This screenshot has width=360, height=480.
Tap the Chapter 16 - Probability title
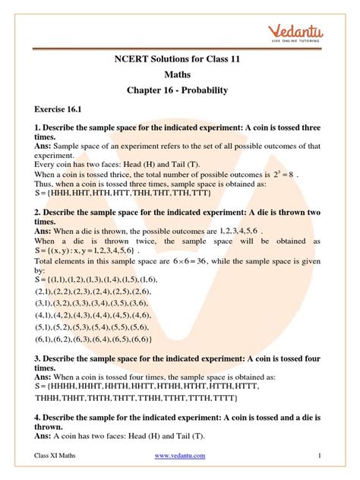[x=179, y=92]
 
